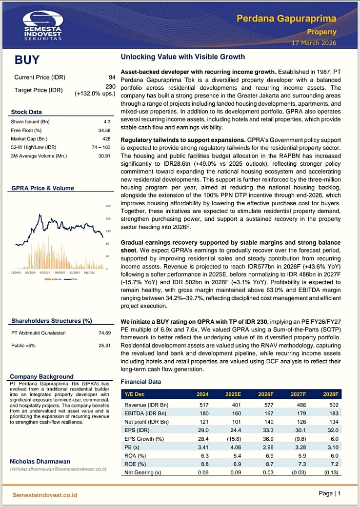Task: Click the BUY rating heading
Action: [27, 60]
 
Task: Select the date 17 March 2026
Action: [314, 43]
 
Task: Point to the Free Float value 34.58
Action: [105, 130]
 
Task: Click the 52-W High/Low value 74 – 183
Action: [100, 147]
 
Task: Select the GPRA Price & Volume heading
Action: [42, 188]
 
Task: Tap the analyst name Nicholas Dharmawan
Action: [40, 461]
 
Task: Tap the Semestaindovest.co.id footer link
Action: [45, 495]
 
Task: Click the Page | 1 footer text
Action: [329, 493]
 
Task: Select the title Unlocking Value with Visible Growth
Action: [182, 57]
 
